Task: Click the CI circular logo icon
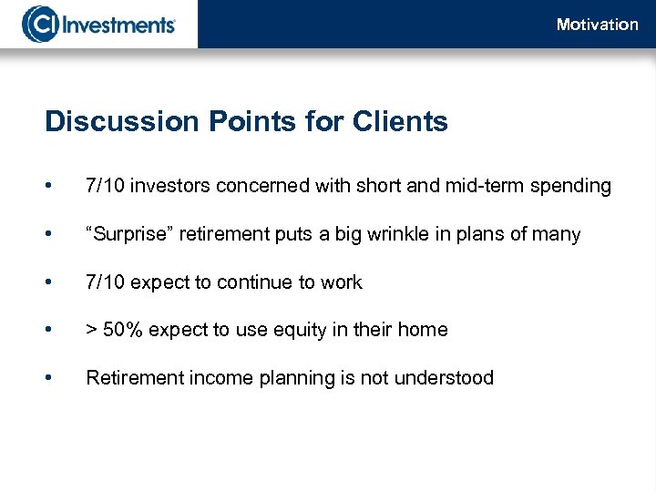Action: point(40,24)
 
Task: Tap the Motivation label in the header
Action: point(597,25)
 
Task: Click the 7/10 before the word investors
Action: point(106,186)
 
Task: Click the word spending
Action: point(573,187)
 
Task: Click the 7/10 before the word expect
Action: point(106,282)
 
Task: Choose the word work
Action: point(342,282)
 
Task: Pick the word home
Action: point(424,330)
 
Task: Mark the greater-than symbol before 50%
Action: point(91,331)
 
